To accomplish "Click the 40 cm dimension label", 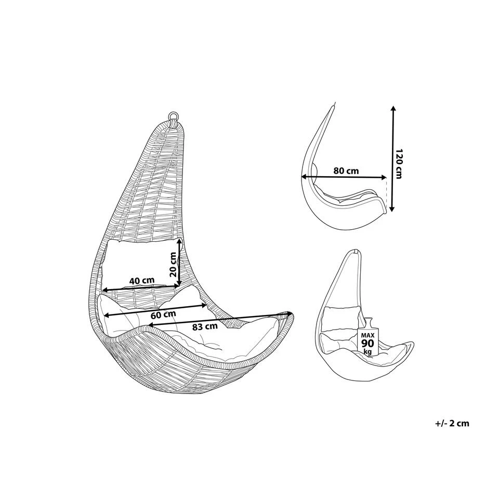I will pyautogui.click(x=142, y=281).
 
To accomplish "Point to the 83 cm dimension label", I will pyautogui.click(x=204, y=327).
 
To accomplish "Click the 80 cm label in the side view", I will pyautogui.click(x=346, y=170).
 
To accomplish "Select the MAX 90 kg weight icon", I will pyautogui.click(x=368, y=338).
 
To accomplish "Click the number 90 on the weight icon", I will pyautogui.click(x=368, y=344).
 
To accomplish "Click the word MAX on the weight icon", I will pyautogui.click(x=368, y=335).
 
